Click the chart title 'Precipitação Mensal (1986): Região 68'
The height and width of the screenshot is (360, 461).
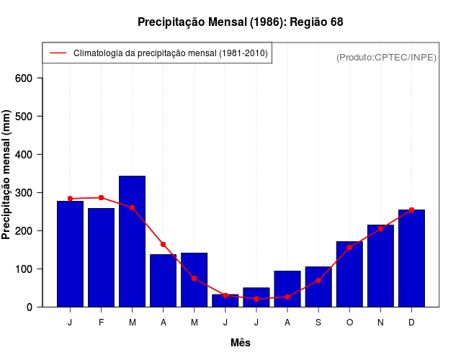[x=240, y=22]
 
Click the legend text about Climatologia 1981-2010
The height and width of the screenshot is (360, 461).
[x=170, y=53]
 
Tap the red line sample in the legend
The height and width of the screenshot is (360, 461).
[x=58, y=53]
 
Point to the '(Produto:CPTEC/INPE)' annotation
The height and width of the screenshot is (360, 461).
[x=386, y=57]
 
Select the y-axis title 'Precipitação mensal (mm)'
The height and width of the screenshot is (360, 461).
[x=6, y=174]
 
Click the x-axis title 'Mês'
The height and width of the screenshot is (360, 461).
[x=241, y=343]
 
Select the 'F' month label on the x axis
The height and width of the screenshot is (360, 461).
[x=102, y=323]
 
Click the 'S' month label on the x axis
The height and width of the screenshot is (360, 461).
[x=318, y=323]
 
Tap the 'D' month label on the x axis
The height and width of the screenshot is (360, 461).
[x=411, y=323]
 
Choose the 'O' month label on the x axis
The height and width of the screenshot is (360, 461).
[x=349, y=323]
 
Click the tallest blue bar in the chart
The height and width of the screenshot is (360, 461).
[x=133, y=241]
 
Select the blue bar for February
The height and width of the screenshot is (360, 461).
[x=102, y=257]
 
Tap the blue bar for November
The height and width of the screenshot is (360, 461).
[x=380, y=266]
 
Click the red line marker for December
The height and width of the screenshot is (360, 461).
[x=411, y=210]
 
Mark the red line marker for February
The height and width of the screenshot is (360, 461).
[x=102, y=197]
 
